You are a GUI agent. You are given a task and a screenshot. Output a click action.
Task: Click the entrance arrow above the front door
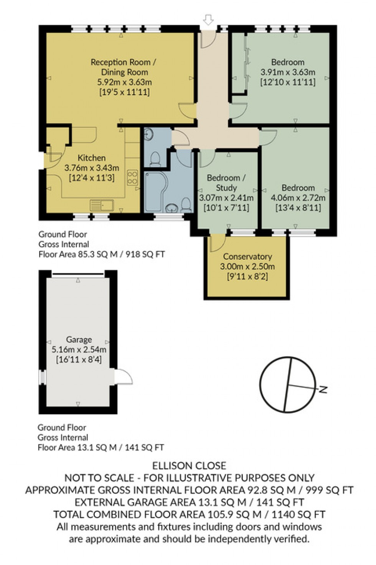coord(208,18)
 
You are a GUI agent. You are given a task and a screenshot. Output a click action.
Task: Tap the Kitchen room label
coord(91,158)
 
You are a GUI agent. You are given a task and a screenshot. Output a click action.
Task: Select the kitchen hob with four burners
coord(132,178)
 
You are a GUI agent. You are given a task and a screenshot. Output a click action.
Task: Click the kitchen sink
coord(102,205)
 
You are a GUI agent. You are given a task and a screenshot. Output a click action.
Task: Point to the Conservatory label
coord(247,256)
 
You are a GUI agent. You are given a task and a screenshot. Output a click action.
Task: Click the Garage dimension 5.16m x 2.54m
coord(79,350)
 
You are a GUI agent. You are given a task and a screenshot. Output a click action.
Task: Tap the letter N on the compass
coord(323,390)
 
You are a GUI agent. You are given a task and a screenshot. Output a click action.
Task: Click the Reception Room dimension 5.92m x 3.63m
coord(124,82)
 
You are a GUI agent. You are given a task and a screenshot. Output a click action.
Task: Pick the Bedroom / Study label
coord(226,183)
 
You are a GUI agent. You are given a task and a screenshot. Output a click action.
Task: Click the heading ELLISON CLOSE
coord(189,466)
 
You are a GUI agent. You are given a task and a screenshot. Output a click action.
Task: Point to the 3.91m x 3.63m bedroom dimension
coord(287,72)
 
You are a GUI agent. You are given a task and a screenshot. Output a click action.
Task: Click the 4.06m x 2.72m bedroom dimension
coord(298,198)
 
